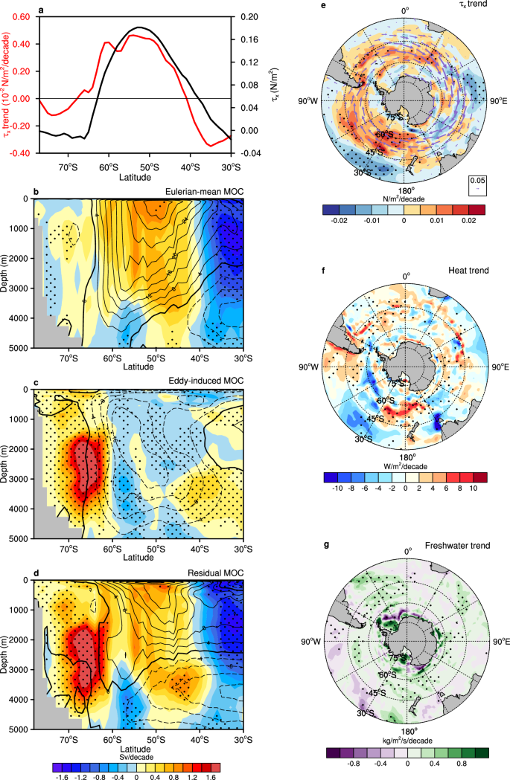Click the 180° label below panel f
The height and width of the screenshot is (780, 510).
(407, 459)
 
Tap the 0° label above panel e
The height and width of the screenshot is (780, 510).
(406, 10)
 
